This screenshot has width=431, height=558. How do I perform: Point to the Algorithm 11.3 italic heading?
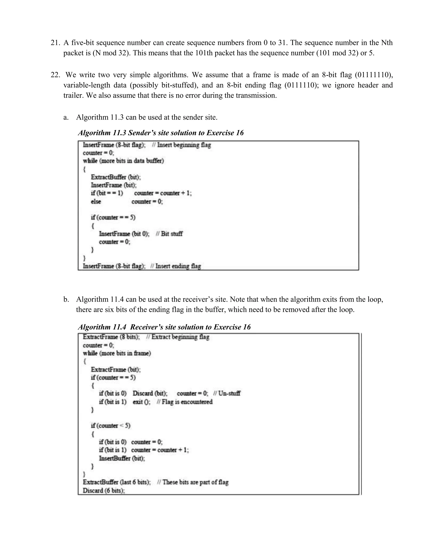[161, 133]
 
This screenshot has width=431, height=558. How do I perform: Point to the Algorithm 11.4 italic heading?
[164, 327]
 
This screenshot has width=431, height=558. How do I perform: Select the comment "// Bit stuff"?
[169, 234]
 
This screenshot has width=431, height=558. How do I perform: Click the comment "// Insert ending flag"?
[176, 266]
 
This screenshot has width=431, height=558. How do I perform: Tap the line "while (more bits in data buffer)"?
[123, 161]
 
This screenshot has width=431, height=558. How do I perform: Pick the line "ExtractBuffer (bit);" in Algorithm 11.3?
[116, 177]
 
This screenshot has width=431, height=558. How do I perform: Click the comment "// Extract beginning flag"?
[178, 337]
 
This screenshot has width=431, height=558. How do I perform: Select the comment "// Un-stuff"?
[227, 393]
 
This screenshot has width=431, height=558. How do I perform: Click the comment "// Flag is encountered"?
[185, 402]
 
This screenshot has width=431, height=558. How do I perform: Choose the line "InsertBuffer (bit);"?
[122, 458]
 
